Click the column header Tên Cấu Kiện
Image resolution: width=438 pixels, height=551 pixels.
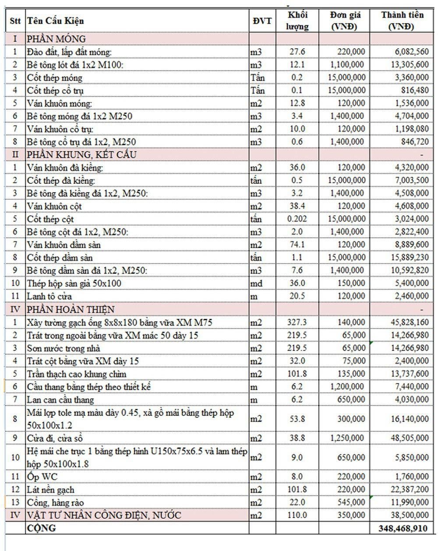coord(55,21)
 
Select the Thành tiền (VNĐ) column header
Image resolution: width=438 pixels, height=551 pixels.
coord(402,21)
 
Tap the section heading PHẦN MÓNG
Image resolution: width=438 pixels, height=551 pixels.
coord(56,39)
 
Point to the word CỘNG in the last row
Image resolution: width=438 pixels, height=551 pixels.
coord(42,528)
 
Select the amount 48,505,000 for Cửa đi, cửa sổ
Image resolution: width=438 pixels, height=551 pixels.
coord(410,438)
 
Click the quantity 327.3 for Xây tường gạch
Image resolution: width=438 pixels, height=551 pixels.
coord(297,323)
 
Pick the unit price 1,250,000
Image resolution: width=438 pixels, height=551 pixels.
coord(346,438)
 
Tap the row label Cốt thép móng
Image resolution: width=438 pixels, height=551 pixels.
coord(54,78)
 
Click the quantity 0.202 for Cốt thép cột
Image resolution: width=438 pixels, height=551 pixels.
coord(297,219)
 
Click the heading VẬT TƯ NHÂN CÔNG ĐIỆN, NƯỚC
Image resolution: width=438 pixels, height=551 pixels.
coord(104,515)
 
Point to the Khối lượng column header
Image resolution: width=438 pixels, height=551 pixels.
coord(297,21)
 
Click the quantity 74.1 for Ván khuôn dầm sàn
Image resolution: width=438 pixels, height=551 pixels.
coord(297,245)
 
